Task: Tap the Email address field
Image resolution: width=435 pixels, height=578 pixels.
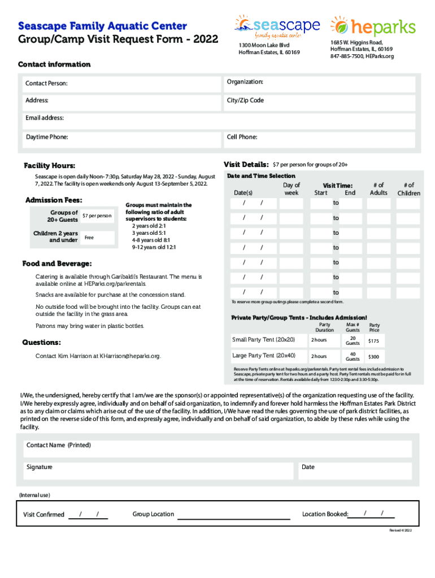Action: (217, 120)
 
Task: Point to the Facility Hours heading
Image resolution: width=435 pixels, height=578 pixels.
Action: (49, 166)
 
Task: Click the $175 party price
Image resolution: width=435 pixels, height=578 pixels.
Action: (373, 341)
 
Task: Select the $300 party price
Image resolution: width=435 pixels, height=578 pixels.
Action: (373, 357)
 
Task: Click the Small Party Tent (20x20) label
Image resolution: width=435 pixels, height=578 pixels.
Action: (263, 340)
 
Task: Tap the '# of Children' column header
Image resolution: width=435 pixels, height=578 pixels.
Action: (408, 189)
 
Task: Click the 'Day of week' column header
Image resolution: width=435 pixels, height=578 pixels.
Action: (292, 189)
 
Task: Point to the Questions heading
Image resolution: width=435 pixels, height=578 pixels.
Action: (41, 343)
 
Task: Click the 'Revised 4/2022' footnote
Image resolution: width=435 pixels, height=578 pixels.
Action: (401, 531)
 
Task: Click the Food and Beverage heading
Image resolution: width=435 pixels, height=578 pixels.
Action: (56, 264)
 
